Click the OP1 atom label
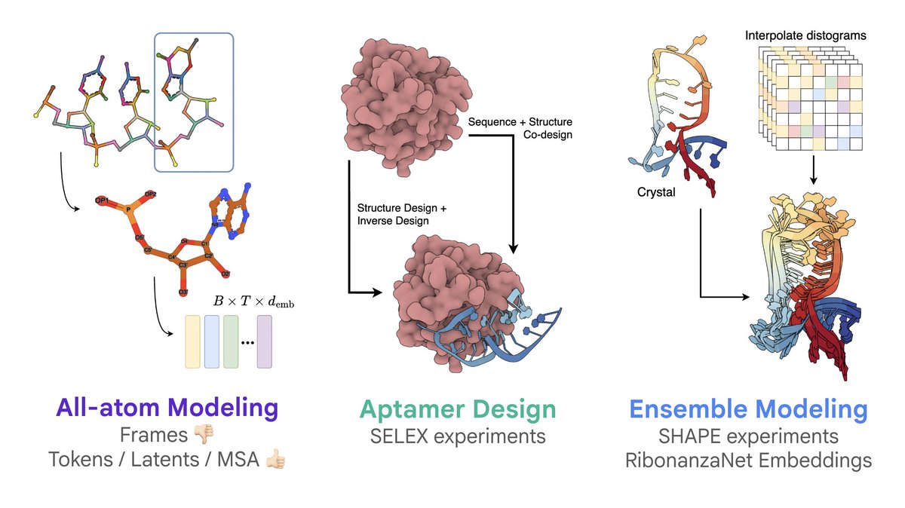(102, 201)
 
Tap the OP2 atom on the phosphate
(151, 194)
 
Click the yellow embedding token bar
(192, 341)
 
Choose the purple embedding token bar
(264, 341)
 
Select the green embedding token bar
(231, 341)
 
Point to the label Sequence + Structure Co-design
(520, 128)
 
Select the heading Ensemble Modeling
(748, 409)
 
